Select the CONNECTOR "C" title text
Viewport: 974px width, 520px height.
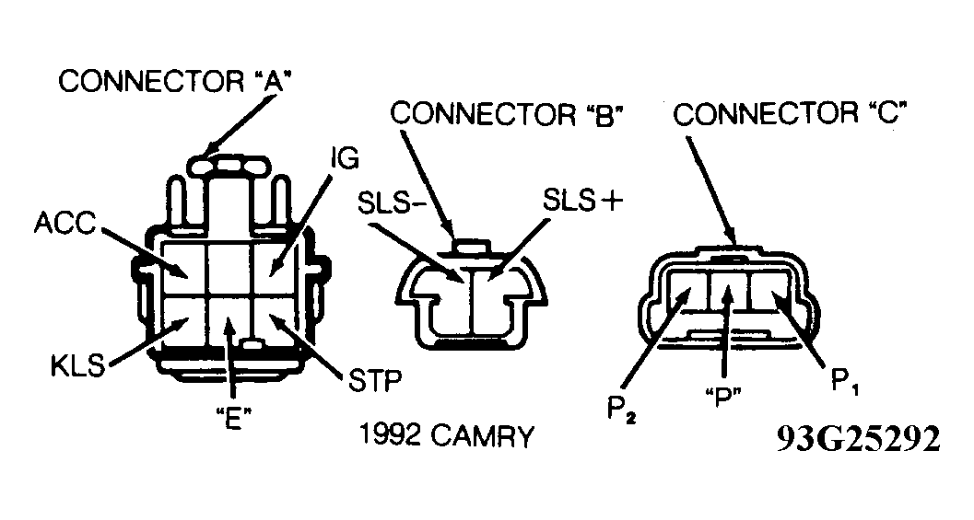(x=792, y=115)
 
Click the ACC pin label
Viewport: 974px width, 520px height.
(x=65, y=225)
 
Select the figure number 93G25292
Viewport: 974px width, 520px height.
(x=857, y=440)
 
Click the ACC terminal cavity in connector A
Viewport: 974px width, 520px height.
(x=184, y=265)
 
